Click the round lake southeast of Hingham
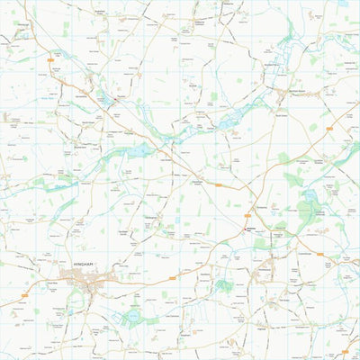pyautogui.click(x=133, y=315)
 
